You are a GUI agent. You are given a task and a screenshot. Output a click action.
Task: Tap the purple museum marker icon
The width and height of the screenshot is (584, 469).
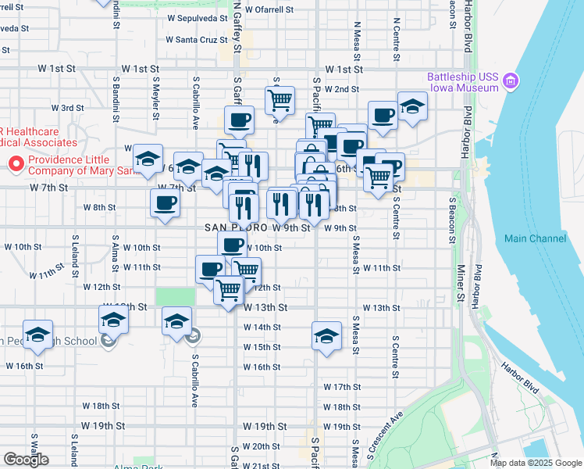tap(511, 81)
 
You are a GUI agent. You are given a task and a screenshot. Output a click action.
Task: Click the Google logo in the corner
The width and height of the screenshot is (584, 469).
tap(26, 460)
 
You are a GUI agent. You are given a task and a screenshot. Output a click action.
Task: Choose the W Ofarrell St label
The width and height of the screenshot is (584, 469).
tap(268, 10)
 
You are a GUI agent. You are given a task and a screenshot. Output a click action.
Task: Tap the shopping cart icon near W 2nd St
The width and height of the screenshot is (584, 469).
tap(279, 99)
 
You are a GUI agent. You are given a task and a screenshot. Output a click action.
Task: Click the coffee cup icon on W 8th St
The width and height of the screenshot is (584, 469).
tap(165, 204)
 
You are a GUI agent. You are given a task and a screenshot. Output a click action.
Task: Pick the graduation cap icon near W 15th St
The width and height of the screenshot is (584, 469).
tap(326, 335)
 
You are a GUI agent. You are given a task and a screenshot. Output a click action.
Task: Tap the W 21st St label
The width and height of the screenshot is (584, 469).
tap(261, 465)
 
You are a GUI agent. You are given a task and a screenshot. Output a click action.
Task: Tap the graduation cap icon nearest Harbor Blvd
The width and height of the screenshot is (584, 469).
tap(411, 106)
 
